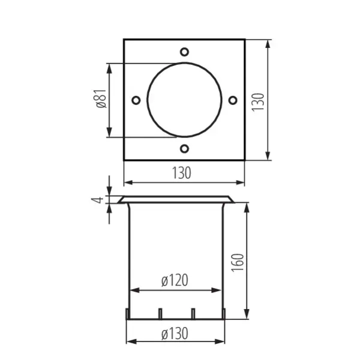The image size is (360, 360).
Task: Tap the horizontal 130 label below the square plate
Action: [x=182, y=173]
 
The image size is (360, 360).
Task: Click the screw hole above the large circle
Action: [x=184, y=50]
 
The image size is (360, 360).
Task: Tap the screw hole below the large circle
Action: [x=184, y=148]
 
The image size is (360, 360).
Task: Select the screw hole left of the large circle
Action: [x=136, y=99]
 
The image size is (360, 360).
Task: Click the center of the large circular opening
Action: [x=184, y=99]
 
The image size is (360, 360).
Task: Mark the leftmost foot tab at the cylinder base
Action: [x=127, y=314]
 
